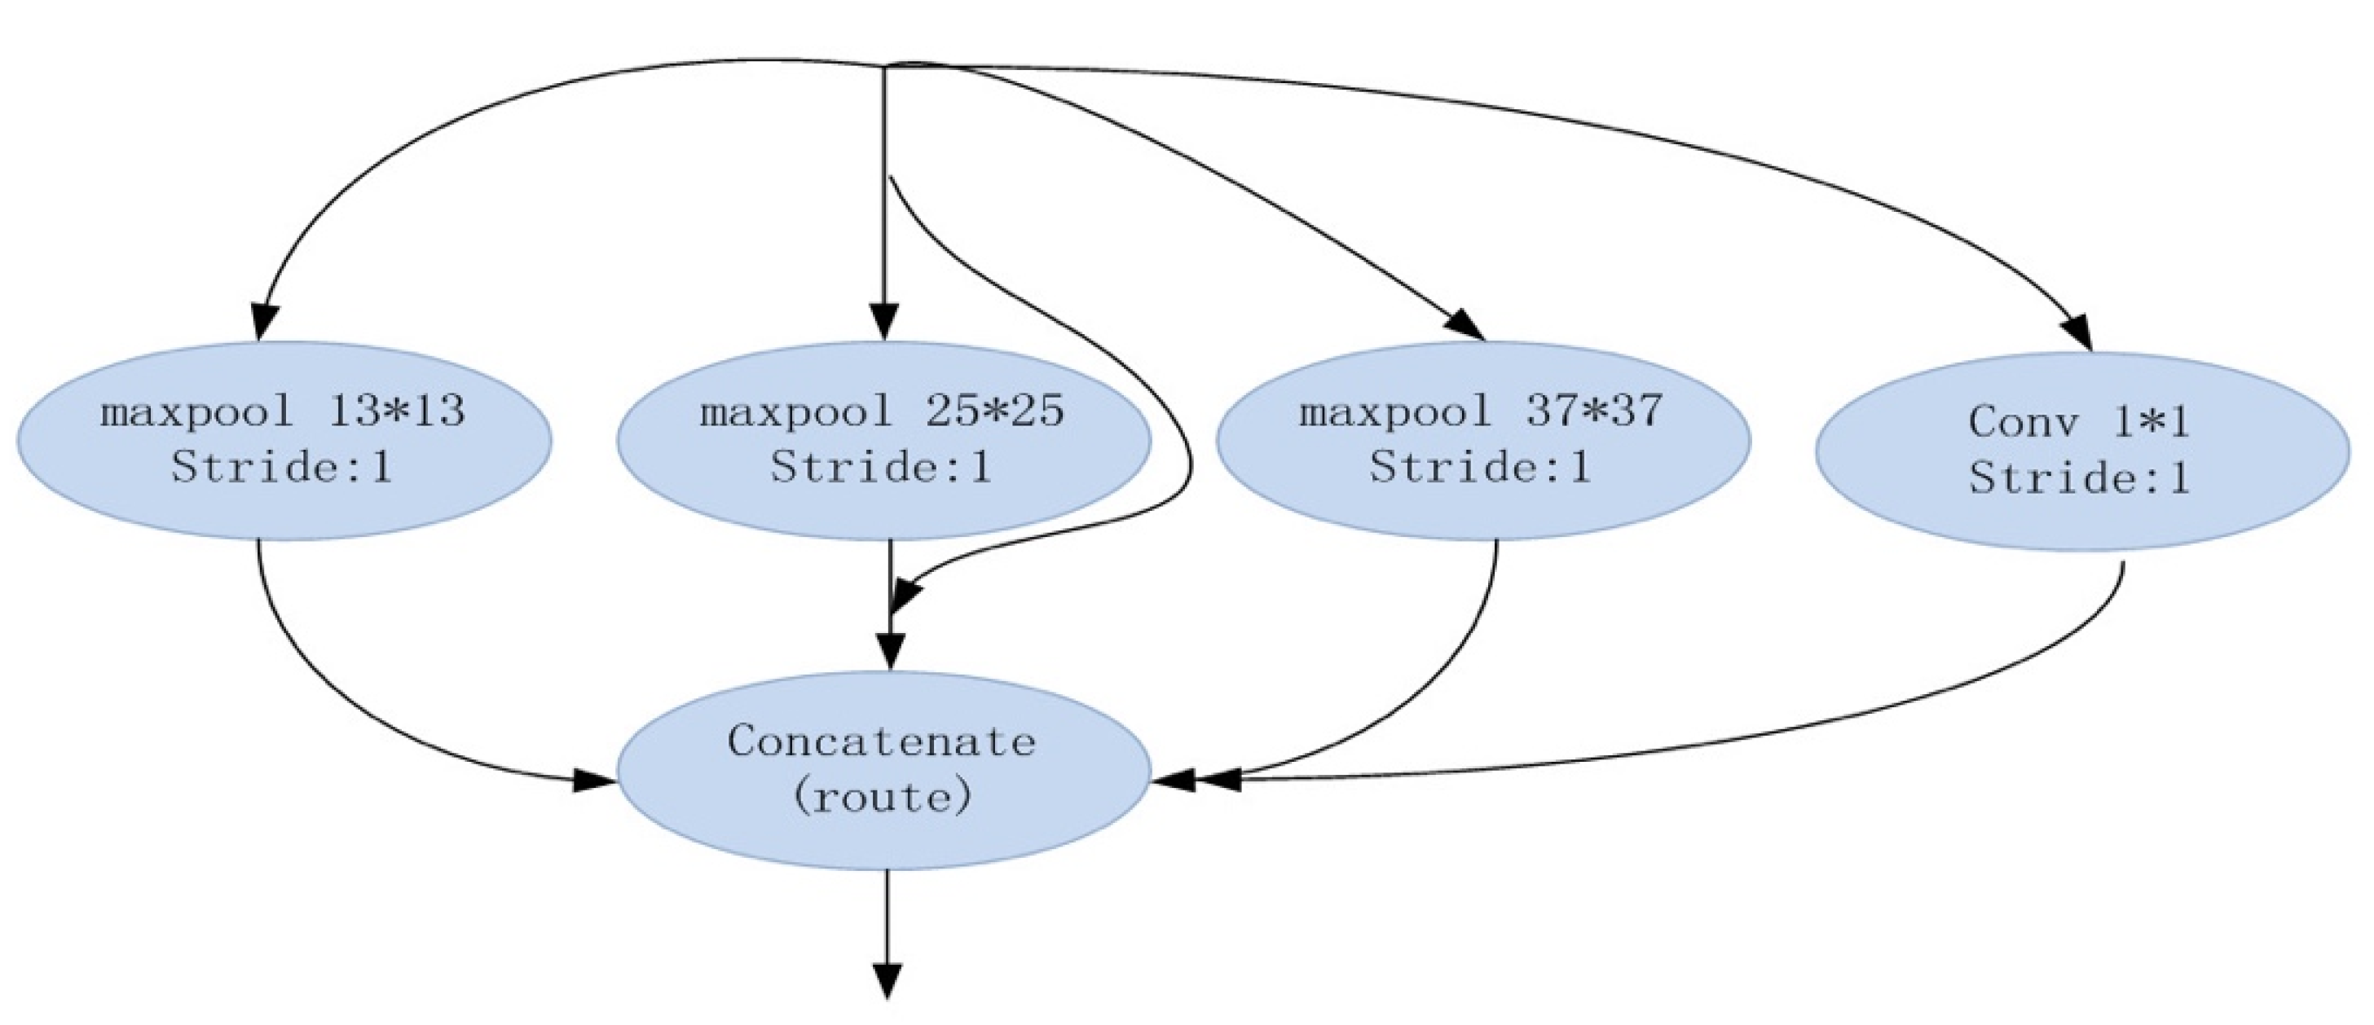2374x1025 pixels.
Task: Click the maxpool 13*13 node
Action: click(284, 441)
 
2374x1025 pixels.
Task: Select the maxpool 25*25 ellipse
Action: click(883, 441)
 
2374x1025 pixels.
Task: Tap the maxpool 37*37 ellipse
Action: click(1482, 441)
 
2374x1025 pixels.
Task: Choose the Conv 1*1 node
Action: click(2081, 451)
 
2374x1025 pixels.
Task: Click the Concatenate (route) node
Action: click(883, 770)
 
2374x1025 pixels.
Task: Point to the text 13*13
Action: click(396, 411)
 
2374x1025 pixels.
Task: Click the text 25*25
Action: click(995, 411)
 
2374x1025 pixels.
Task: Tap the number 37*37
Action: click(1594, 411)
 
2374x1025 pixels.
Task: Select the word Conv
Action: click(2024, 422)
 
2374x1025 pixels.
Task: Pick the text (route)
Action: click(881, 796)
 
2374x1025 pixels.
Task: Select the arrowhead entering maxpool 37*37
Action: click(1466, 325)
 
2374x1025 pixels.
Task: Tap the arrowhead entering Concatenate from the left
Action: click(594, 781)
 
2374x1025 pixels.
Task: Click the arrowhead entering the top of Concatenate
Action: click(889, 651)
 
